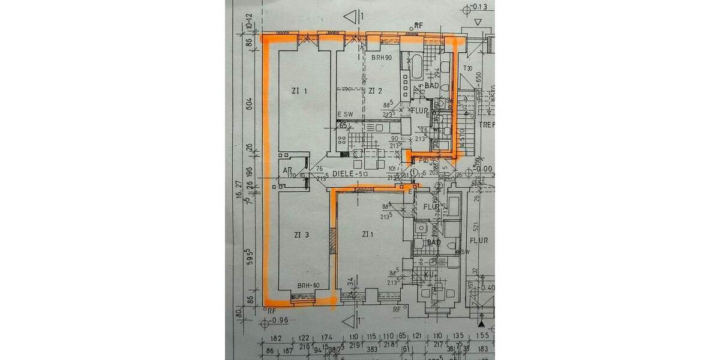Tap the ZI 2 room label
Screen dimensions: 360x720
[x=376, y=91]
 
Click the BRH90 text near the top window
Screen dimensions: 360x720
[x=380, y=57]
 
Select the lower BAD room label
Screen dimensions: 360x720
[x=434, y=242]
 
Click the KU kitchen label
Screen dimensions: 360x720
[x=429, y=274]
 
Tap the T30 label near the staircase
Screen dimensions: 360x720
[x=468, y=68]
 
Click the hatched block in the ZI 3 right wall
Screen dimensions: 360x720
[x=332, y=241]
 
